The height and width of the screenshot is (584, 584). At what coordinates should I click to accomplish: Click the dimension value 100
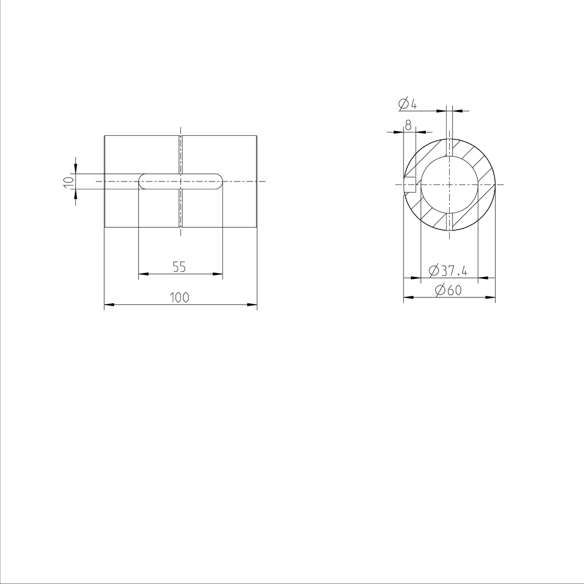180,297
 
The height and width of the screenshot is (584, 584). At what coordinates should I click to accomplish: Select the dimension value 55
180,267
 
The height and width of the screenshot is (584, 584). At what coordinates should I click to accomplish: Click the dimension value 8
408,126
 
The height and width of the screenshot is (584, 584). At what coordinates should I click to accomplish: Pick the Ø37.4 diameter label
448,271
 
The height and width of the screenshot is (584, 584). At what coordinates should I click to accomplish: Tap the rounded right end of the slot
219,181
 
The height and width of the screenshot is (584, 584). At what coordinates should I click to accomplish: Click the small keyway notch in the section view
410,185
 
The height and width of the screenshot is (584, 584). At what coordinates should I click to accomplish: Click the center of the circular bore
449,185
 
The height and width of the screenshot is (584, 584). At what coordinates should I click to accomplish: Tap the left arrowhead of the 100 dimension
109,305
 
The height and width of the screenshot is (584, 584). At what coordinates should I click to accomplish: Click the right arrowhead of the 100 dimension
253,305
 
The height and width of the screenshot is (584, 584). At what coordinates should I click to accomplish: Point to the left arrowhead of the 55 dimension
143,274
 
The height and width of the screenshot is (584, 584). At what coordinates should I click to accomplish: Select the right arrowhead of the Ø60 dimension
492,297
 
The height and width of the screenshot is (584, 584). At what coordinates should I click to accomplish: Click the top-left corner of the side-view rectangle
105,136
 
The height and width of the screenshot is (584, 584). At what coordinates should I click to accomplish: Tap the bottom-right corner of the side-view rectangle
256,227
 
